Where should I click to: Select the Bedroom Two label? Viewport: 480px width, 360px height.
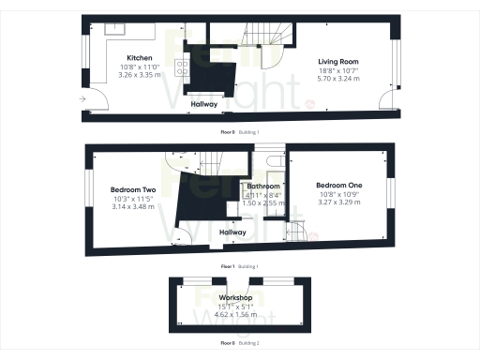(133, 190)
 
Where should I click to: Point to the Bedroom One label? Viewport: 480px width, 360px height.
(339, 185)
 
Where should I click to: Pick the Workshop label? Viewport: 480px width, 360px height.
(236, 298)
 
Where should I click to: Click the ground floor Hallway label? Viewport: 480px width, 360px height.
(205, 104)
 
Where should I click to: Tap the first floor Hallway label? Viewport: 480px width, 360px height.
(232, 232)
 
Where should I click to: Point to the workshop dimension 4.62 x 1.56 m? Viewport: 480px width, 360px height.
(236, 315)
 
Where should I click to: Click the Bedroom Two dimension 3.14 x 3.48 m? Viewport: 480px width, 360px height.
(133, 207)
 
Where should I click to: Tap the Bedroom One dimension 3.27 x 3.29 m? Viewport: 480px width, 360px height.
(339, 202)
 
